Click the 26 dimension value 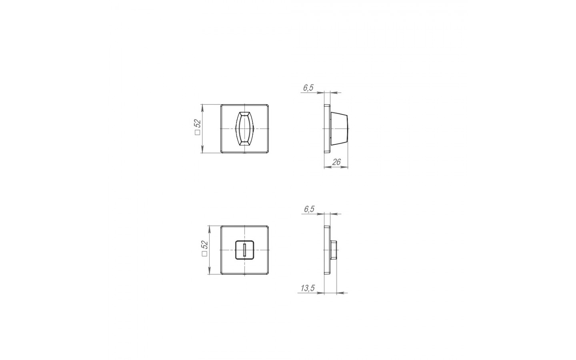click(336, 162)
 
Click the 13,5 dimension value click(308, 288)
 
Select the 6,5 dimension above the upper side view click(308, 88)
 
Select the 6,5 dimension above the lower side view click(309, 209)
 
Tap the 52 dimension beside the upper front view click(198, 124)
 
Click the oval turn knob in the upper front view click(244, 129)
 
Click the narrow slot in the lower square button click(244, 250)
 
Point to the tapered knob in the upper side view click(340, 129)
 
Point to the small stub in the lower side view click(333, 250)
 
